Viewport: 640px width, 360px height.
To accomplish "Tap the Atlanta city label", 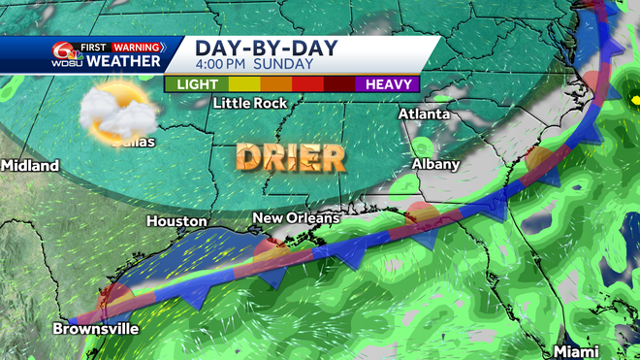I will click(424, 115).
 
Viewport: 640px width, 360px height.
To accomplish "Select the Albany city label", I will click(435, 164).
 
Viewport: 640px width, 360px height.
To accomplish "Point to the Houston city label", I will click(176, 221).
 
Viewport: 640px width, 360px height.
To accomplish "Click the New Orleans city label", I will click(296, 217).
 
